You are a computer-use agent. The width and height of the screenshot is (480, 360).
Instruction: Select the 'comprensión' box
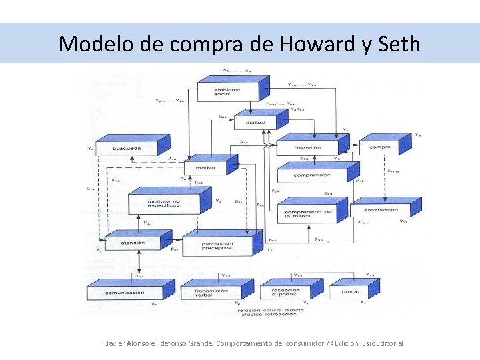point(311,175)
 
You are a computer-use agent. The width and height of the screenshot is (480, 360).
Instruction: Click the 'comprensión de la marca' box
point(307,214)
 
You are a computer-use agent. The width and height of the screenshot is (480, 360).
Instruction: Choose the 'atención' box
point(133,243)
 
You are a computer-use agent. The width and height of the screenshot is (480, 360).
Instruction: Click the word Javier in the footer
point(117,343)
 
